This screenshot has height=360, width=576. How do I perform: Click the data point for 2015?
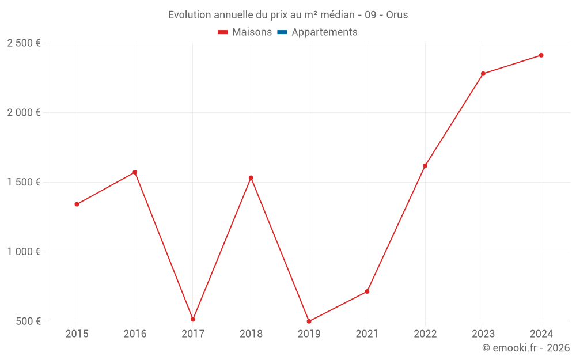coord(77,204)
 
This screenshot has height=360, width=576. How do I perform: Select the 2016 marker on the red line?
coord(135,172)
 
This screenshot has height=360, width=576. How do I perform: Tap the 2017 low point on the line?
coord(193,319)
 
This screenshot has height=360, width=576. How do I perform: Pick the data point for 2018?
coord(251,177)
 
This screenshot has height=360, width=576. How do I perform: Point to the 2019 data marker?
coord(309,321)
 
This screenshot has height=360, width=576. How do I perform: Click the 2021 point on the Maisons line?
coord(367,291)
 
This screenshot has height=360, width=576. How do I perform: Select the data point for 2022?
coord(425,166)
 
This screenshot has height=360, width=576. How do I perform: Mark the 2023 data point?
coord(483,74)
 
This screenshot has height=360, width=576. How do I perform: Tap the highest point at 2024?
coord(541,55)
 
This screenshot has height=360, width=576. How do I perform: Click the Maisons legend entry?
coord(245,32)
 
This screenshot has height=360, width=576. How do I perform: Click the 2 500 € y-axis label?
coord(24,43)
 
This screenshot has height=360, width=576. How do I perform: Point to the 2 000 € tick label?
coord(24,113)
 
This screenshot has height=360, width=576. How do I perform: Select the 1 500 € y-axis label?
coord(24,183)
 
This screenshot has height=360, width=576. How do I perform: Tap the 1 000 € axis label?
coord(24,252)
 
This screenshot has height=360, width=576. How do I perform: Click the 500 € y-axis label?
coord(28,321)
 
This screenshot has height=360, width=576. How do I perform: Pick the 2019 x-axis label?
coord(309,334)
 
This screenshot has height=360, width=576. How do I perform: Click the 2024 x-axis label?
coord(541,334)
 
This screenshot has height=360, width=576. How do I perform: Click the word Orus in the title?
coord(397,15)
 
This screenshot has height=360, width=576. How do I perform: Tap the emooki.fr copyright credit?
coord(525,348)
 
